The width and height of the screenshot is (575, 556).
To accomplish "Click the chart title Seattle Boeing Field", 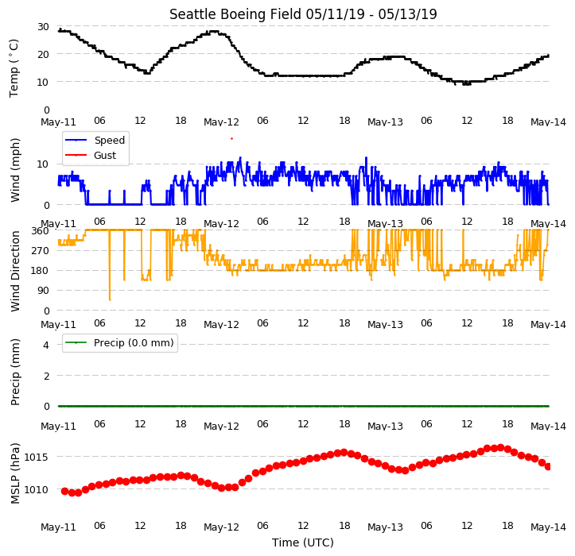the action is point(235,14).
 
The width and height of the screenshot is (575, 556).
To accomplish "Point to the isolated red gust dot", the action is point(231,138).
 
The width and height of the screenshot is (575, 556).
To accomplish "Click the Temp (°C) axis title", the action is point(14,68).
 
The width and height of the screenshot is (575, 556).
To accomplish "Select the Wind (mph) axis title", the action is point(14,170).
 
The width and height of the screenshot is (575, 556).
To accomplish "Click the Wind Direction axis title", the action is point(14,271).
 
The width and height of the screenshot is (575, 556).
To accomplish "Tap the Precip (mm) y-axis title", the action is point(14,372).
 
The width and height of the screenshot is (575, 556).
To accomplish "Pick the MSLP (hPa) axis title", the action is point(14,473).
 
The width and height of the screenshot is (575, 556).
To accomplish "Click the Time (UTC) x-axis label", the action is point(303,542).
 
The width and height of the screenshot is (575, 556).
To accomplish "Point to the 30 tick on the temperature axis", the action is point(43,27).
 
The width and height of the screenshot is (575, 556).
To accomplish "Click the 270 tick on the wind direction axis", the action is point(41,251).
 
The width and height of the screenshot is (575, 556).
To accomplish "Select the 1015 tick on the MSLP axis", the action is point(37,457).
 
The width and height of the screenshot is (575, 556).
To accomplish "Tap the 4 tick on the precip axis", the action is point(46,345).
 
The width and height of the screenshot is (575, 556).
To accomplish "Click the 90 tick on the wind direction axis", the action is point(43,291).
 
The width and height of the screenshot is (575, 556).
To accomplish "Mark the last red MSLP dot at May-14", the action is point(548,466).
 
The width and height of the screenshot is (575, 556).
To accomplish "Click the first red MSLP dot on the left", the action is point(65,491).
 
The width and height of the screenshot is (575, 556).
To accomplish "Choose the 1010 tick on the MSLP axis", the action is point(37,490).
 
